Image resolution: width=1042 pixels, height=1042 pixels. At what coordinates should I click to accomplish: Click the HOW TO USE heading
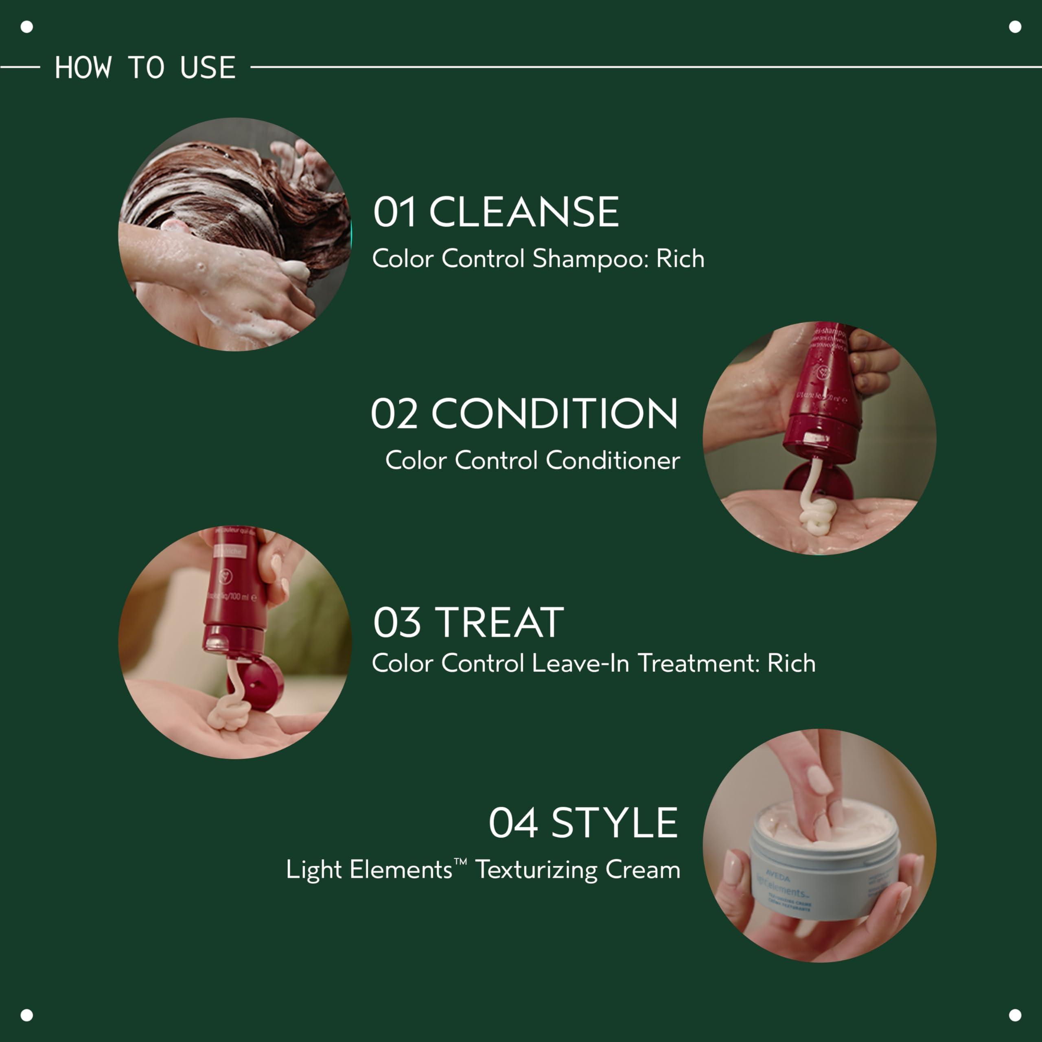(144, 68)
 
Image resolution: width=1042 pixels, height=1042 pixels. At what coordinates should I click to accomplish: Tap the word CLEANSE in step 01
(524, 212)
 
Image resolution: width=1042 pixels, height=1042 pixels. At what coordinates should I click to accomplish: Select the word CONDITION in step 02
(554, 414)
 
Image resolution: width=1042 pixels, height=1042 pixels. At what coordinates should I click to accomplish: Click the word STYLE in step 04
(614, 823)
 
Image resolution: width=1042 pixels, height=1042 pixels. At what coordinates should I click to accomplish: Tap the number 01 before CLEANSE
(394, 212)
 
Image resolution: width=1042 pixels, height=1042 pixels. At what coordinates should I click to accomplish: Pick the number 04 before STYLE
(513, 823)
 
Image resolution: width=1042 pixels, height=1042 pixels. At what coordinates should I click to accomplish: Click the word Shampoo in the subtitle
(589, 259)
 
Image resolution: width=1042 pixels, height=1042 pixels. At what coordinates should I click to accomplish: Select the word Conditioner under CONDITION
(613, 461)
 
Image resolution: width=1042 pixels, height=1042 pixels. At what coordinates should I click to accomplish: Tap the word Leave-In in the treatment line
(580, 663)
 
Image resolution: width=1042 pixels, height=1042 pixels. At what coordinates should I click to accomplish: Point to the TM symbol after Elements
(460, 862)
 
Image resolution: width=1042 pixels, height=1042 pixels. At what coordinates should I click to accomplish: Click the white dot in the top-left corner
(26, 26)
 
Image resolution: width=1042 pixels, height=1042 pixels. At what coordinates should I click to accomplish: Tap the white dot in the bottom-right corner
(1015, 1015)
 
